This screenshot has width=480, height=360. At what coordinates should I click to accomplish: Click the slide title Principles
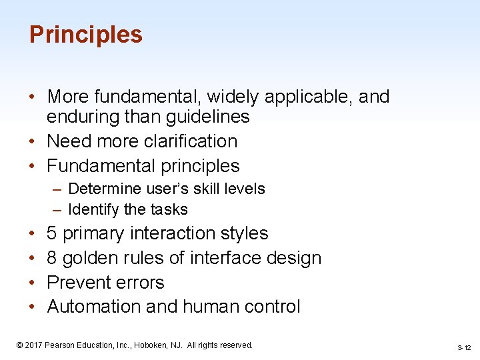point(85,35)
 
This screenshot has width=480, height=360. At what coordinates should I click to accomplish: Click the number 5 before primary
point(52,234)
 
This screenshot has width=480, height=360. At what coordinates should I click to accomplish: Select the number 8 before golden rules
point(52,258)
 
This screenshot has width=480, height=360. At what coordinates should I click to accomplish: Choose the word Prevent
point(77,283)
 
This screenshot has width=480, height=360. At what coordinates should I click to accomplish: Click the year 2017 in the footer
point(34,345)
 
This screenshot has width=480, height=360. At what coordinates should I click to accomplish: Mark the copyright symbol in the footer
point(19,345)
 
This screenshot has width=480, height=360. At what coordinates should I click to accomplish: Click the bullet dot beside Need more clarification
point(32,142)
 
